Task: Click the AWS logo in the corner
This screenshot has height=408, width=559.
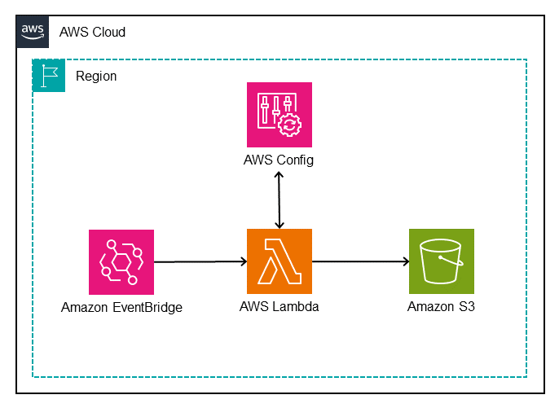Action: click(x=33, y=31)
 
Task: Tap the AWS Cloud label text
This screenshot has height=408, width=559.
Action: click(x=92, y=32)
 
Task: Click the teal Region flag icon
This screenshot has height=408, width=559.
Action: click(x=48, y=75)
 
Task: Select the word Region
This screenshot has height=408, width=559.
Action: click(x=96, y=77)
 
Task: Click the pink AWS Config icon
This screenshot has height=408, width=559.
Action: click(x=279, y=115)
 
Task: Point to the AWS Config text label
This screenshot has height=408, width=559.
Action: click(x=279, y=160)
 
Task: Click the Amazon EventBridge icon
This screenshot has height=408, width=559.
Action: click(x=121, y=261)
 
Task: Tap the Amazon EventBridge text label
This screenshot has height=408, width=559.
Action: click(x=121, y=307)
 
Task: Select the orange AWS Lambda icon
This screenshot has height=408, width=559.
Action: click(x=279, y=261)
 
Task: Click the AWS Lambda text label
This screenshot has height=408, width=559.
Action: click(x=279, y=307)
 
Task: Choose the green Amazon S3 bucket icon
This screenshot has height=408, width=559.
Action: click(x=441, y=261)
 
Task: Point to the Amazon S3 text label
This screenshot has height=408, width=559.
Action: click(x=441, y=307)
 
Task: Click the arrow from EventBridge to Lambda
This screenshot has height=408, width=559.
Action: click(x=200, y=261)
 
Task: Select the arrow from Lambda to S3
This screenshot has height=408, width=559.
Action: click(x=359, y=261)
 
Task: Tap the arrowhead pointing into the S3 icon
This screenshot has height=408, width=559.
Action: click(x=404, y=261)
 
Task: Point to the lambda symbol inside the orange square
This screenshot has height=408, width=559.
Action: click(x=279, y=261)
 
